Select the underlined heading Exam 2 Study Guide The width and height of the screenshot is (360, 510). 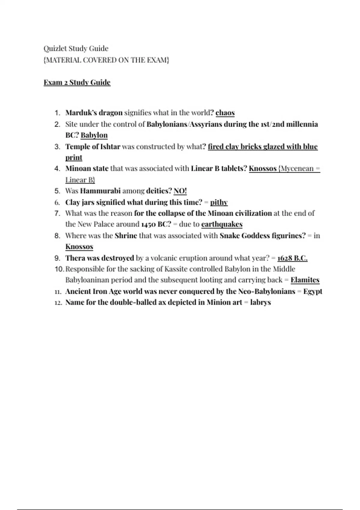(77, 82)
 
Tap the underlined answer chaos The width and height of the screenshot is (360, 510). (225, 113)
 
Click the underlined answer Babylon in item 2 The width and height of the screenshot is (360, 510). (94, 135)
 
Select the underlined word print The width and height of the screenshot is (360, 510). (74, 158)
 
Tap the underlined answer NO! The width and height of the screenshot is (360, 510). (180, 191)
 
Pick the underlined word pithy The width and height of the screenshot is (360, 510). (219, 202)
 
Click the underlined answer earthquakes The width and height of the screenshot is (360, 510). (222, 224)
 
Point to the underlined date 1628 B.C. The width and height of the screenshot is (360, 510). (292, 258)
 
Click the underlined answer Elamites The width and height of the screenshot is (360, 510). (305, 280)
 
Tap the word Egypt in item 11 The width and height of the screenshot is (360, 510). (313, 292)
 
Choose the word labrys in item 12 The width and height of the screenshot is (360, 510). (260, 302)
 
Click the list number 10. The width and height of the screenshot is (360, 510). (59, 269)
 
